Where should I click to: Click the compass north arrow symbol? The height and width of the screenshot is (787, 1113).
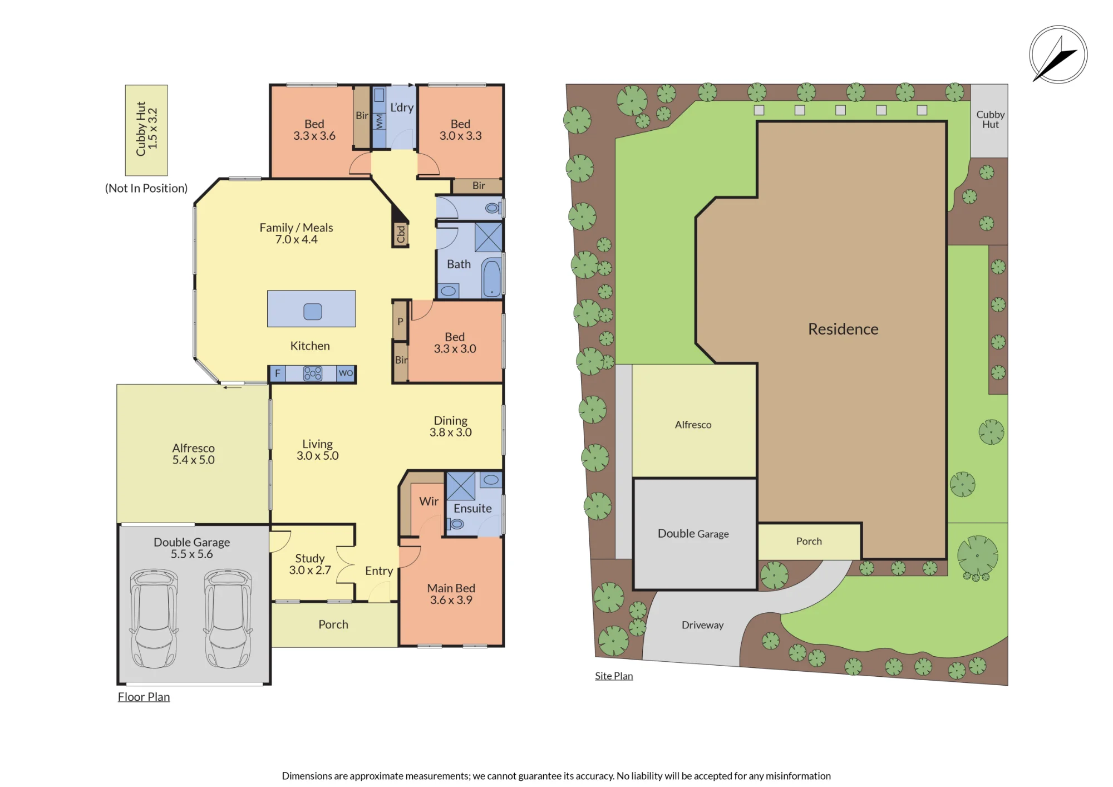coord(1058,55)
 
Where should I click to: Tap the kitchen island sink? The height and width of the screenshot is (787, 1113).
coord(313,312)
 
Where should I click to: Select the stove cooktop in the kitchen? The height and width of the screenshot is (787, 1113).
coord(313,373)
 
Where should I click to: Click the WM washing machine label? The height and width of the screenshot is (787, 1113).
coord(379,121)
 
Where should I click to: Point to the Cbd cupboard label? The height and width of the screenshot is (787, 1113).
coord(401,234)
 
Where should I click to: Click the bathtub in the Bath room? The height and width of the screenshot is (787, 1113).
coord(492,278)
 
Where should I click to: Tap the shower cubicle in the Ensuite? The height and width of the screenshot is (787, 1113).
coord(461,486)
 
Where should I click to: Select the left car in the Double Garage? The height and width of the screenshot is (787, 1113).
coord(154,618)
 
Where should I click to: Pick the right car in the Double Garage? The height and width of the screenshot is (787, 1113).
coord(228,618)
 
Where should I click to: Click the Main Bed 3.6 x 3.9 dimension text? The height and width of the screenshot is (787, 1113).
coord(451,600)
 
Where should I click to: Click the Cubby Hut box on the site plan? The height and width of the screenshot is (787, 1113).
coord(989,121)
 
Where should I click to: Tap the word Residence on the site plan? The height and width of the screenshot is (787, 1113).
coord(843,329)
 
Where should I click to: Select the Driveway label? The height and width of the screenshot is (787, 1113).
coord(702,625)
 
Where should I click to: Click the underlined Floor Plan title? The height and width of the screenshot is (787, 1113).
coord(144,697)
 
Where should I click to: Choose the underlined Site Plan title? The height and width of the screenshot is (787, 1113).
coord(614,676)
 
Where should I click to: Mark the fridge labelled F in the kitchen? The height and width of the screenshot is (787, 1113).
coord(278,373)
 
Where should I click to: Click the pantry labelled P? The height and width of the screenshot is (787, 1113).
coord(400,321)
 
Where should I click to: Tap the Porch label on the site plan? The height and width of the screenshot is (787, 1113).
coord(809,541)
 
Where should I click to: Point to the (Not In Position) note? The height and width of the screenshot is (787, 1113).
coord(146,188)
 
